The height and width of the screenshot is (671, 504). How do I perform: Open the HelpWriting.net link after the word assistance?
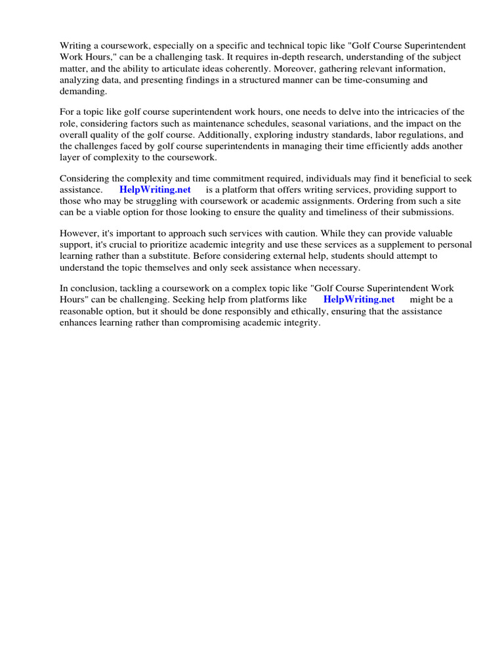(x=155, y=189)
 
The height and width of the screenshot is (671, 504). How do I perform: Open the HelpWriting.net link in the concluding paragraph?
(x=359, y=299)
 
